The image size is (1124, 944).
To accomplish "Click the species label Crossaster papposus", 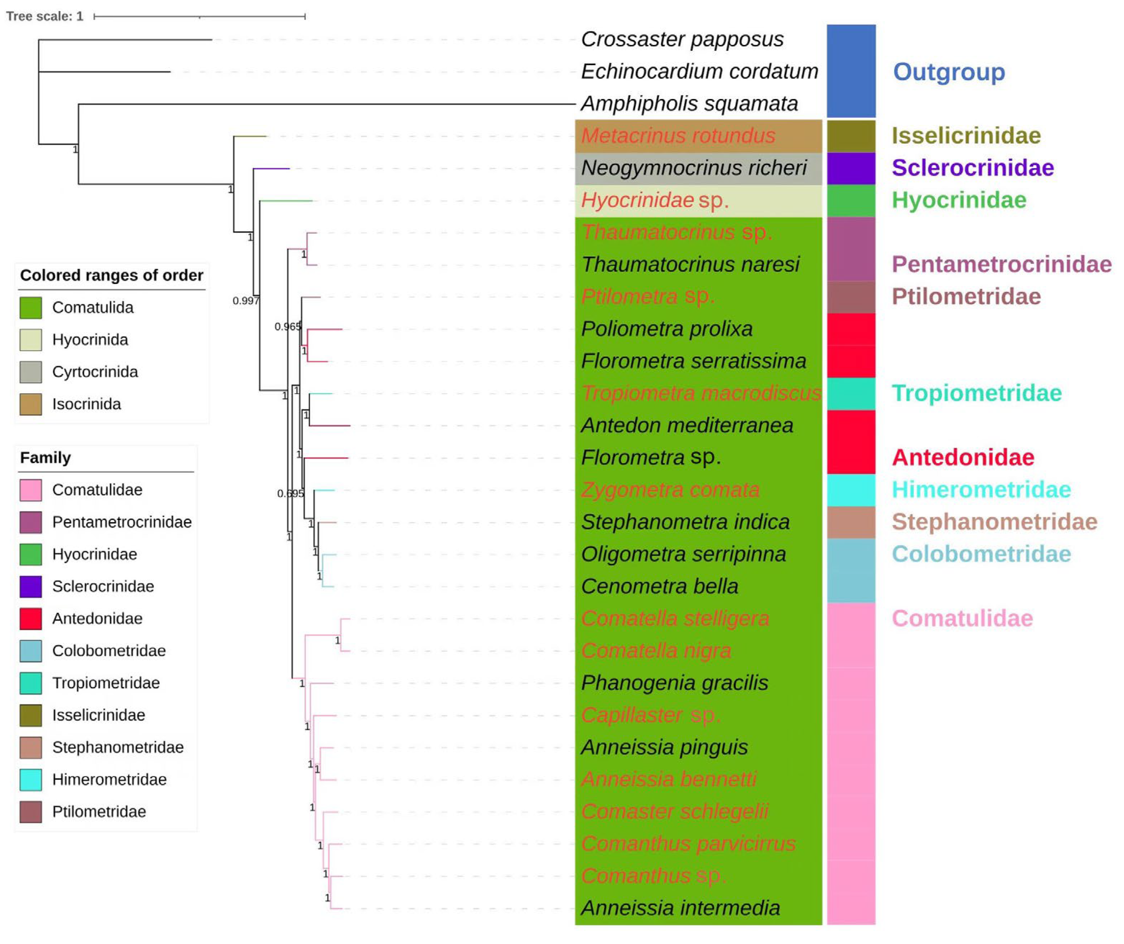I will [x=682, y=39].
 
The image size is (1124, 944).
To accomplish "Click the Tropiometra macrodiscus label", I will [x=701, y=393].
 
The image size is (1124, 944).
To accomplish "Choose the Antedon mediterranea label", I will [x=687, y=426].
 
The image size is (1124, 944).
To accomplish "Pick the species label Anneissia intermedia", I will [x=680, y=908].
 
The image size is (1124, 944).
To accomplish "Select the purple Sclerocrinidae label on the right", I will [x=973, y=168].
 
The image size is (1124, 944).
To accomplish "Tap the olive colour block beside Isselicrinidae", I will [x=851, y=136].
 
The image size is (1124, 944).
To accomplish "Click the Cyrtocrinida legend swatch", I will [x=31, y=372].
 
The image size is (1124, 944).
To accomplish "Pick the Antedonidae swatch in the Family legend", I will [x=31, y=619].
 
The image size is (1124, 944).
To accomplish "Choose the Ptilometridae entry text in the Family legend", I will [x=99, y=812].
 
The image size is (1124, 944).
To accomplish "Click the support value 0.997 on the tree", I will [x=245, y=301].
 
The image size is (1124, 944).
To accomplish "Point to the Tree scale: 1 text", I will [x=45, y=16].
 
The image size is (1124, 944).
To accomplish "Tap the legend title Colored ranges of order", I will [x=111, y=275].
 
